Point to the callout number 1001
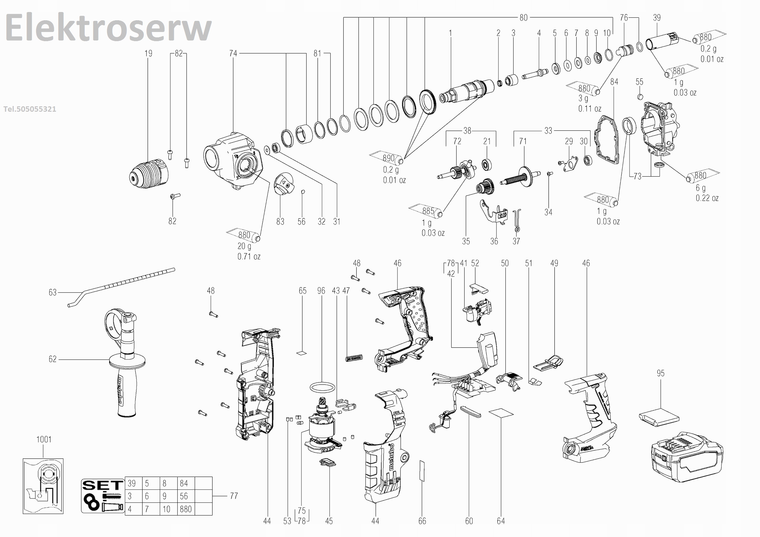(44, 440)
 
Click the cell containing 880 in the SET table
(186, 509)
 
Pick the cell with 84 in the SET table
(184, 484)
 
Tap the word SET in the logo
(103, 485)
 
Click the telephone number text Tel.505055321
(30, 109)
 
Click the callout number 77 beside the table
(234, 496)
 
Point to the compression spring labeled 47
(354, 358)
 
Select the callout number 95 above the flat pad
(660, 373)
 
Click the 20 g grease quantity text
(244, 247)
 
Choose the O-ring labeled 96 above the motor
(322, 387)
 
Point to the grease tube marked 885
(427, 211)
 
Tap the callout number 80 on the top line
(523, 17)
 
